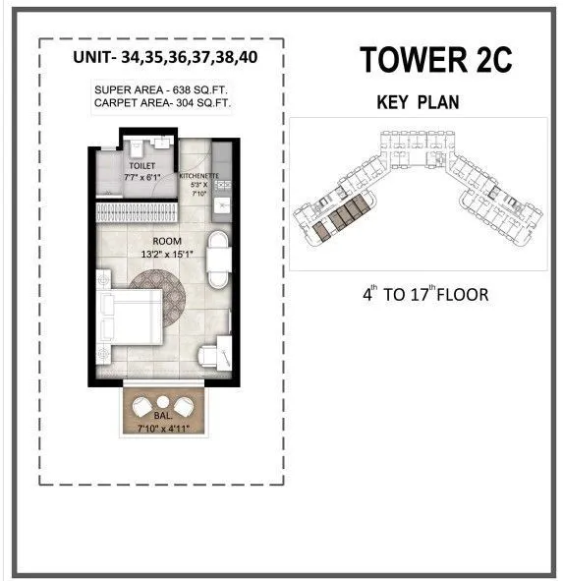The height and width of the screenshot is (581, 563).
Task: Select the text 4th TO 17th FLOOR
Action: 425,294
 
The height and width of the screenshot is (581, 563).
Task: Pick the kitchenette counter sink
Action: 222,203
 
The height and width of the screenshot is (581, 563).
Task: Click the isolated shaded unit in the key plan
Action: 322,230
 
